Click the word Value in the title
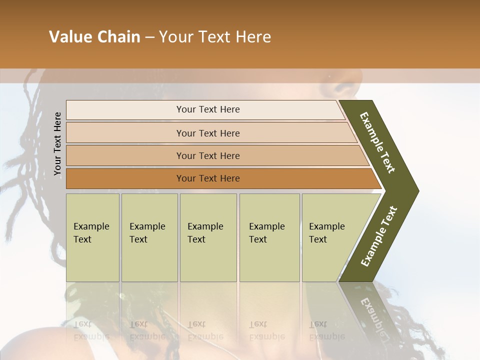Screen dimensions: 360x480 point(70,37)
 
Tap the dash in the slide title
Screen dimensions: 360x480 point(149,37)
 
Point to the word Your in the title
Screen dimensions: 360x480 point(175,37)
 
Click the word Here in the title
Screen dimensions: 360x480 point(252,37)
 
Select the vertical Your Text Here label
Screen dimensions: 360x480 point(57,143)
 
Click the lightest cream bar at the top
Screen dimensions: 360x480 point(208,109)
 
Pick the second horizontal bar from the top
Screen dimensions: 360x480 point(208,133)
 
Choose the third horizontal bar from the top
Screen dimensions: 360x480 point(208,155)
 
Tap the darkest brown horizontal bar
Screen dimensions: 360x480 point(208,178)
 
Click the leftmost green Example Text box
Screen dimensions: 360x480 point(92,237)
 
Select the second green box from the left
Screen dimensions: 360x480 point(149,237)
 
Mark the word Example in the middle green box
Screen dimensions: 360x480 point(205,226)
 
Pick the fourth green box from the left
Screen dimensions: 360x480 point(269,237)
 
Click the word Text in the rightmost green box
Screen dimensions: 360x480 point(318,239)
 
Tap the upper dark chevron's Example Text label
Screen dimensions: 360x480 point(377,142)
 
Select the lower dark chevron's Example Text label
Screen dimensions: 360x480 point(379,236)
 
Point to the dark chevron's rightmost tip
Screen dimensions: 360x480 point(417,190)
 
